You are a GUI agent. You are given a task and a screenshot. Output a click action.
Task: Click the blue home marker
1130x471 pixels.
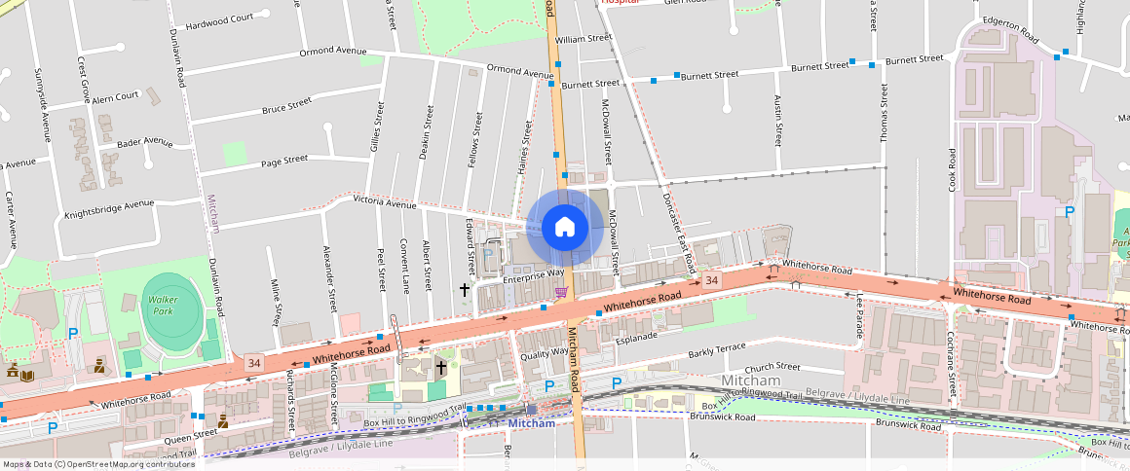coord(565,227)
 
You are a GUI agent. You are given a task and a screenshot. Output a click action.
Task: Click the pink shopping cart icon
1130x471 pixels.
coord(561,291)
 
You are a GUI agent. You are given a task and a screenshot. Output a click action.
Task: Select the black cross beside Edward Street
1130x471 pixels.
coord(465,289)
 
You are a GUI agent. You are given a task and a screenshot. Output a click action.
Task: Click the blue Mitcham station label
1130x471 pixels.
coord(531,423)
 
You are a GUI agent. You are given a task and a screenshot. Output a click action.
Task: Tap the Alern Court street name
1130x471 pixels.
coord(116,97)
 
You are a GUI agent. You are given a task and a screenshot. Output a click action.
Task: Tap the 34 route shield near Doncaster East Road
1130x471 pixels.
coord(713,280)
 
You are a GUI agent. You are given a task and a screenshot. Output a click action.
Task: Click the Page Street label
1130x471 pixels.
coord(283,160)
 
